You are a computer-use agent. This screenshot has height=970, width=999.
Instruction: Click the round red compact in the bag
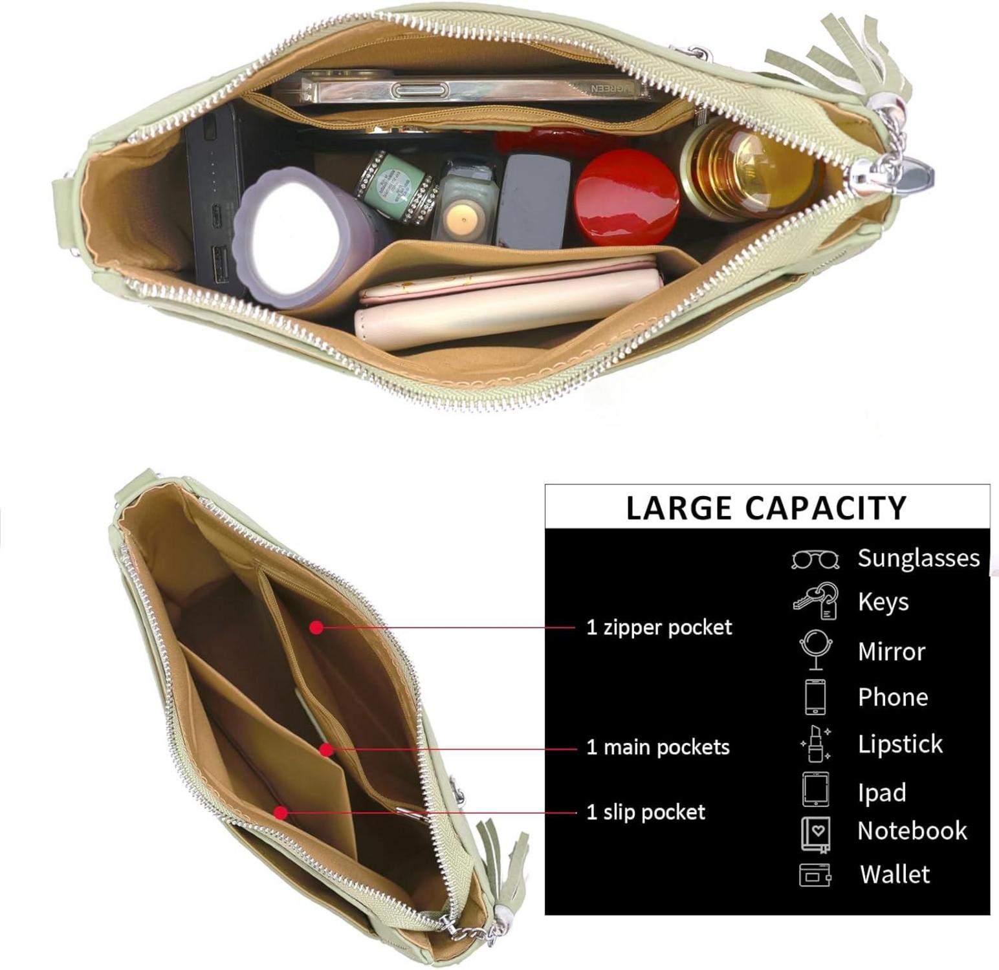coord(626,197)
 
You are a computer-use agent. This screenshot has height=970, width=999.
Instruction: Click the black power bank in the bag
coord(214,194)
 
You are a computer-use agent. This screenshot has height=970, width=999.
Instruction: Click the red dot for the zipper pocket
coord(316,627)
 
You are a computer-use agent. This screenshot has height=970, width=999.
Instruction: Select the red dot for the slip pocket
coord(280,813)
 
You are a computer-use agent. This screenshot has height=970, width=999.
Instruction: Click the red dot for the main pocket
coord(326,750)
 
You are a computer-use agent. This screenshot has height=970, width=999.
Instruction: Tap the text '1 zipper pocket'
coord(659,627)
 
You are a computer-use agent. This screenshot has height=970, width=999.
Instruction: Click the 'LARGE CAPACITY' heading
coord(766,508)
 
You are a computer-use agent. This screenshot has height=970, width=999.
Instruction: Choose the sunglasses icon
coord(815,559)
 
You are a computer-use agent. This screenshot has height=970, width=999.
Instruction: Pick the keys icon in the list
coord(816,601)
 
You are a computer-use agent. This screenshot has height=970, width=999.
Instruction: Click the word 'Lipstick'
coord(900,744)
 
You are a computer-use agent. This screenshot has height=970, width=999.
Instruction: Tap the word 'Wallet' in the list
coord(895,874)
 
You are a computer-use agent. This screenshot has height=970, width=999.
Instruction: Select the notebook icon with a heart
coord(816,833)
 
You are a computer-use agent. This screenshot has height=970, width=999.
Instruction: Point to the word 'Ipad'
coord(882,792)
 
